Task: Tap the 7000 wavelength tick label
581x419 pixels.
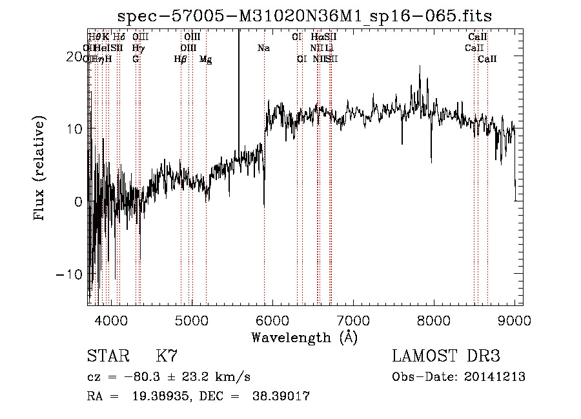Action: click(x=353, y=319)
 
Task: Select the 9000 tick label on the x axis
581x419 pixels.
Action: click(x=515, y=319)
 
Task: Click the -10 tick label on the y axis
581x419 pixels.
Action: click(x=69, y=274)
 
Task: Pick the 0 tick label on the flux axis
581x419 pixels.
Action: click(x=77, y=201)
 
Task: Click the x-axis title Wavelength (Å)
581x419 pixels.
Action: click(x=304, y=337)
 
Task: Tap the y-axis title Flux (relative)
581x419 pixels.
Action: click(x=41, y=170)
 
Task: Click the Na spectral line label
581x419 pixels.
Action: click(x=263, y=48)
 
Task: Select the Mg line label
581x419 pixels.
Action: click(x=205, y=59)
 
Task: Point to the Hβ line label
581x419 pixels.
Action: click(x=180, y=59)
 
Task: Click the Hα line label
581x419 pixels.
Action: click(x=316, y=37)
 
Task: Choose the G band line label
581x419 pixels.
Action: click(x=136, y=59)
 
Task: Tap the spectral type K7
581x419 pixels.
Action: click(x=167, y=356)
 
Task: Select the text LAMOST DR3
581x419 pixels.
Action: click(x=445, y=356)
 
